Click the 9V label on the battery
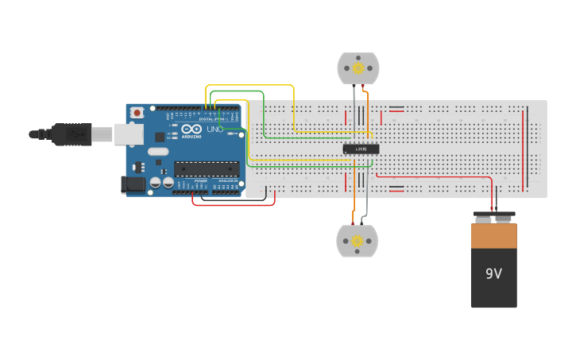[x=493, y=274]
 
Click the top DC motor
[x=358, y=68]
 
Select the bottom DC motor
[x=357, y=241]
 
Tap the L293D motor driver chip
[x=361, y=149]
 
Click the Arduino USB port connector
[x=129, y=134]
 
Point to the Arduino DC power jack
[x=133, y=185]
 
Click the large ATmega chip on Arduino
[x=207, y=168]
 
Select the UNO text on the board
[x=215, y=129]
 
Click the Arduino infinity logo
[x=191, y=129]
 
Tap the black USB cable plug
[x=72, y=134]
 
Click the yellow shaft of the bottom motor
[x=357, y=241]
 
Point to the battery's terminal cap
[x=493, y=216]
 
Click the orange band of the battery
[x=493, y=236]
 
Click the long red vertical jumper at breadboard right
[x=523, y=147]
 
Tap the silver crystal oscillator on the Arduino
[x=158, y=151]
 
